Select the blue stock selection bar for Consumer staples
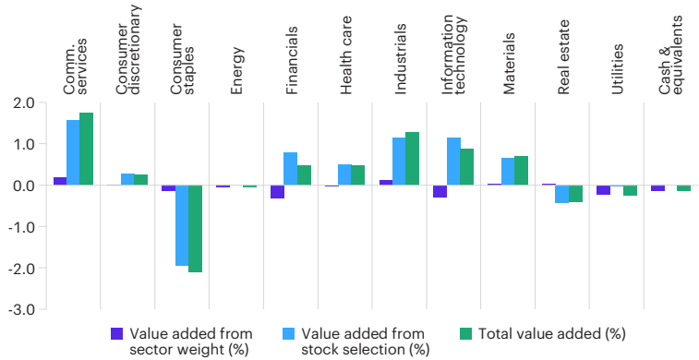(182, 225)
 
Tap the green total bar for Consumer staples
(195, 229)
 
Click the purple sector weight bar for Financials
(277, 192)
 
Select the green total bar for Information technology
(467, 167)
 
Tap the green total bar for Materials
(522, 171)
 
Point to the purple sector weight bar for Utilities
(604, 190)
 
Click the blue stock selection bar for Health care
(344, 174)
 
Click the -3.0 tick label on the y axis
(23, 310)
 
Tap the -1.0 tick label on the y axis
(23, 227)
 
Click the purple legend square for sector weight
(116, 333)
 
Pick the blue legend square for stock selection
(288, 333)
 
